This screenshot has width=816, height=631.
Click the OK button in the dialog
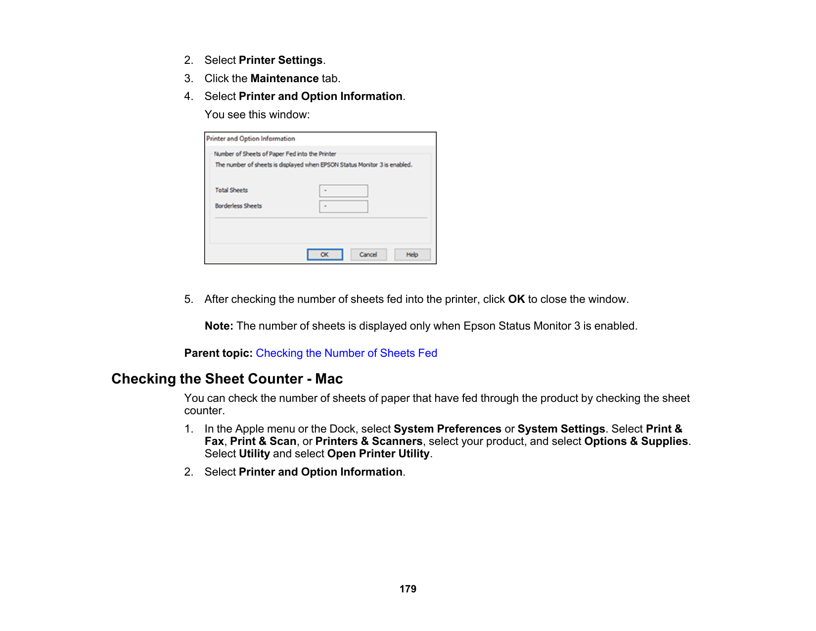coord(324,254)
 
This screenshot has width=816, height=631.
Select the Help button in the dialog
coord(412,254)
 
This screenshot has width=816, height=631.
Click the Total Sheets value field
coord(343,191)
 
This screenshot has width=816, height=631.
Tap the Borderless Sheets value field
coord(343,206)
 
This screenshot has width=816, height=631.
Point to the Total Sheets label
coord(231,190)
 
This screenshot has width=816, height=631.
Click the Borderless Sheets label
coord(238,206)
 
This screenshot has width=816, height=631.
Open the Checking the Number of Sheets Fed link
coord(346,353)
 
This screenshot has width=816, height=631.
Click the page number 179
coord(408,589)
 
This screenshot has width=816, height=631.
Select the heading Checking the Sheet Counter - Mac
coord(227,379)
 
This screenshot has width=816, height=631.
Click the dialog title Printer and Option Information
coord(251,139)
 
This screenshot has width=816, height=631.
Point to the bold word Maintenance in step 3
coord(284,78)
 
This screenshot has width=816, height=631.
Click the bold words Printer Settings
coord(280,60)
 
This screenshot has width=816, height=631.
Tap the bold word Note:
coord(219,326)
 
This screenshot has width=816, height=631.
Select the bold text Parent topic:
coord(218,353)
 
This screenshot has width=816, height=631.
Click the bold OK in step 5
coord(516,299)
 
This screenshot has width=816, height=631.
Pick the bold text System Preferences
coord(447,429)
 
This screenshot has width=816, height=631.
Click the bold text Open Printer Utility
coord(378,453)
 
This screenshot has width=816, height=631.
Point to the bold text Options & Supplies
coord(636,441)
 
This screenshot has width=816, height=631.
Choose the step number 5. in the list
coord(188,299)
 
